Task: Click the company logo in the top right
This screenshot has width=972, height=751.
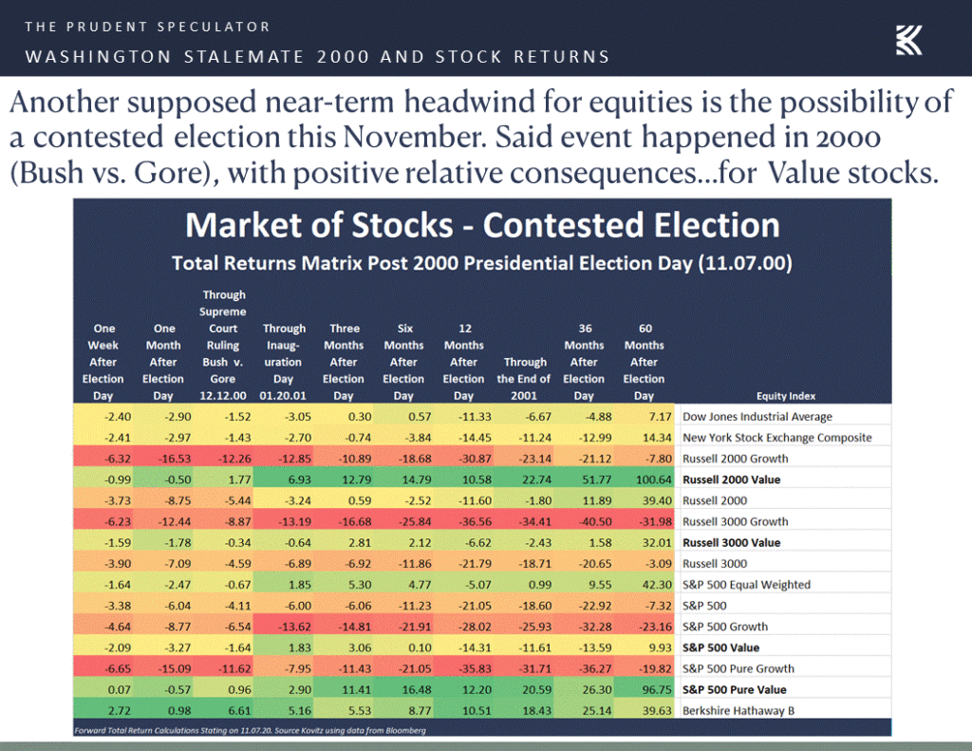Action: [x=908, y=39]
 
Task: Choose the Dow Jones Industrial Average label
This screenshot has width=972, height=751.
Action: [x=757, y=417]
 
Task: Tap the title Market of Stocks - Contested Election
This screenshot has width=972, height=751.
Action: [x=482, y=225]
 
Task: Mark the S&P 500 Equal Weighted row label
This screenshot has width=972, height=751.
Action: [x=746, y=585]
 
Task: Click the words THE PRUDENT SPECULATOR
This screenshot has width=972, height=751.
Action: [x=147, y=27]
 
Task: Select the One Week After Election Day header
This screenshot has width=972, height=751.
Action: [x=103, y=362]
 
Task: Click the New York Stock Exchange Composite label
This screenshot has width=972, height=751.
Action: [x=776, y=438]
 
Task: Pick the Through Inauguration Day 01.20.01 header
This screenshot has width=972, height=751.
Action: [x=283, y=362]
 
